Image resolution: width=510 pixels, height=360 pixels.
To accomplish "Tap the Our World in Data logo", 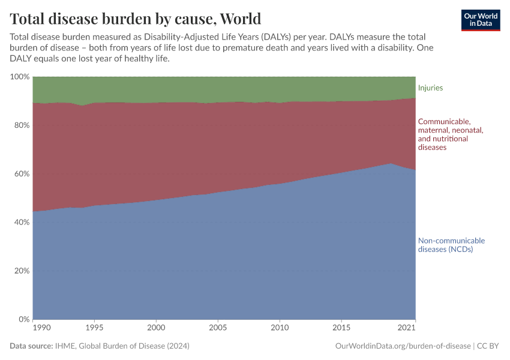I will (x=480, y=20).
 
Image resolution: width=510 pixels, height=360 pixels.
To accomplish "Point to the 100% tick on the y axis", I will (x=19, y=77).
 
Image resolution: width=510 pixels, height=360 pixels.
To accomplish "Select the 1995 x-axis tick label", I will (x=94, y=328).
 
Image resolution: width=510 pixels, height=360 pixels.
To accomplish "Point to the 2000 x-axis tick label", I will (x=156, y=328).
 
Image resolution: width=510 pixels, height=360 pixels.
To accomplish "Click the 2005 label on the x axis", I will (x=218, y=328).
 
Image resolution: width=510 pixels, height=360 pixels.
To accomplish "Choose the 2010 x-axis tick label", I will (x=279, y=328).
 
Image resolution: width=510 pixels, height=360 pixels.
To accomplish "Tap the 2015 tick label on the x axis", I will (x=341, y=328).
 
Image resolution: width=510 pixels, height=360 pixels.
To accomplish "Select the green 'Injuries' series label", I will (x=430, y=88).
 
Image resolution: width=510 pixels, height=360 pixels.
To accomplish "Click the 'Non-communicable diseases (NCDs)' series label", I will (x=451, y=245).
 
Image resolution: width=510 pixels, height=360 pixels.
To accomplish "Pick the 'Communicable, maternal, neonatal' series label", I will (x=451, y=134).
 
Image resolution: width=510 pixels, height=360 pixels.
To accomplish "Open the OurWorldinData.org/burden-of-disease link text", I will (x=401, y=346).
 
